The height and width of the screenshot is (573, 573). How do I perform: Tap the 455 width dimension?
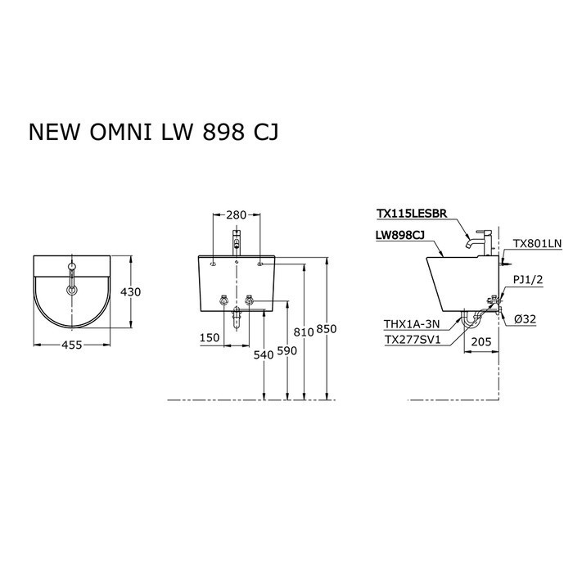tap(72, 346)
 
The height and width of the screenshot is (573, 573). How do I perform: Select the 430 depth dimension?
tap(132, 292)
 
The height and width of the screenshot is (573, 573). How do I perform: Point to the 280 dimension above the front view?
tap(236, 215)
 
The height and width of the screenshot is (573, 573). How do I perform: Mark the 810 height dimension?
tap(303, 332)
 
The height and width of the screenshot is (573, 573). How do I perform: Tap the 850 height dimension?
tap(327, 328)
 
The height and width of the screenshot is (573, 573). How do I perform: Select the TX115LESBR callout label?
tap(411, 214)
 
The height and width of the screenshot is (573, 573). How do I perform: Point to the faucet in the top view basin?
tap(72, 277)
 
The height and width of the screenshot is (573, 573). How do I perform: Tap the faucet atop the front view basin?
tap(236, 241)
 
